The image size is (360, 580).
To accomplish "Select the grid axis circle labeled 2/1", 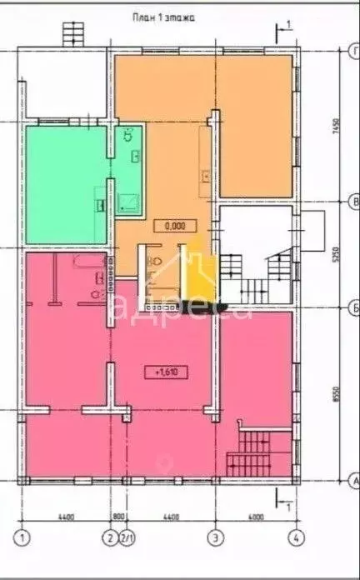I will pos(127,536).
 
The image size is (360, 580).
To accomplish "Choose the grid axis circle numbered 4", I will pos(293,536).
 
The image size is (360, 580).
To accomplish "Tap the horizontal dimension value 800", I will pos(119,517).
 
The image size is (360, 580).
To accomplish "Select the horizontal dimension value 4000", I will pos(255,517).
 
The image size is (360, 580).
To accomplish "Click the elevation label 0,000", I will pos(175,225).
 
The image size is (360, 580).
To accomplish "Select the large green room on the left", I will pos(65,183).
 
